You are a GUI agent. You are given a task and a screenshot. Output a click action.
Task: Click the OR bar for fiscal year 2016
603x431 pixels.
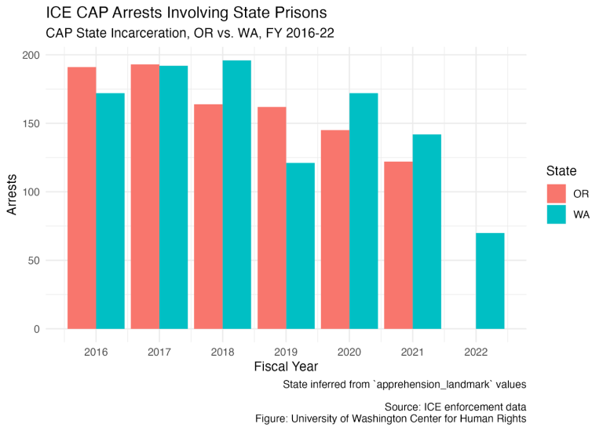tap(82, 198)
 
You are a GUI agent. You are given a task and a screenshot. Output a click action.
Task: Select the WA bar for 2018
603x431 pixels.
tap(237, 195)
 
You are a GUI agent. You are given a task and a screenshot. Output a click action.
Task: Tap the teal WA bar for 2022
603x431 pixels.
tap(490, 281)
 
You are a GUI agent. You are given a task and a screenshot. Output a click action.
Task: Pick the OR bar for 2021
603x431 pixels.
tap(398, 245)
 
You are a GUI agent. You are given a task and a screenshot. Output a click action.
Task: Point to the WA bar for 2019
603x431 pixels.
tap(301, 246)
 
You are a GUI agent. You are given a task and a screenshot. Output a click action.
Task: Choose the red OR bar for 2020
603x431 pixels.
tap(335, 229)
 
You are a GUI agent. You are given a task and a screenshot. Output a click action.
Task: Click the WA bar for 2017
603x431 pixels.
tap(174, 197)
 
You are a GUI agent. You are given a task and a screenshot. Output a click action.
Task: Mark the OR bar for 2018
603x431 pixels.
tap(208, 217)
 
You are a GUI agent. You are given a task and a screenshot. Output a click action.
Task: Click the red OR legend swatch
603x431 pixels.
tap(557, 193)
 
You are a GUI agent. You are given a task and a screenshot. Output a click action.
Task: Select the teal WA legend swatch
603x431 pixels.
tap(557, 214)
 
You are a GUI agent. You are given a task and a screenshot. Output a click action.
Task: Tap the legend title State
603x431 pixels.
tap(561, 170)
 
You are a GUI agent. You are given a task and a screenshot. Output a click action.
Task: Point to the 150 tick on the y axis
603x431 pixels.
tap(31, 123)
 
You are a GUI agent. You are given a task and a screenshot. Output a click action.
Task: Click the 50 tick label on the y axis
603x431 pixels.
tap(34, 261)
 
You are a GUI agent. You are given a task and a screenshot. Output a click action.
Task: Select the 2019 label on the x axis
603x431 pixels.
tap(286, 352)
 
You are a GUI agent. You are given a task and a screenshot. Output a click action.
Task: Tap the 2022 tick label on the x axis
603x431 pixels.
tap(476, 352)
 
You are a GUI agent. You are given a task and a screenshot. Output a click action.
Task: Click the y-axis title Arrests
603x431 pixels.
tap(12, 195)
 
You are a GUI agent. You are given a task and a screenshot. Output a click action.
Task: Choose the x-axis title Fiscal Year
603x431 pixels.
tap(286, 367)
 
